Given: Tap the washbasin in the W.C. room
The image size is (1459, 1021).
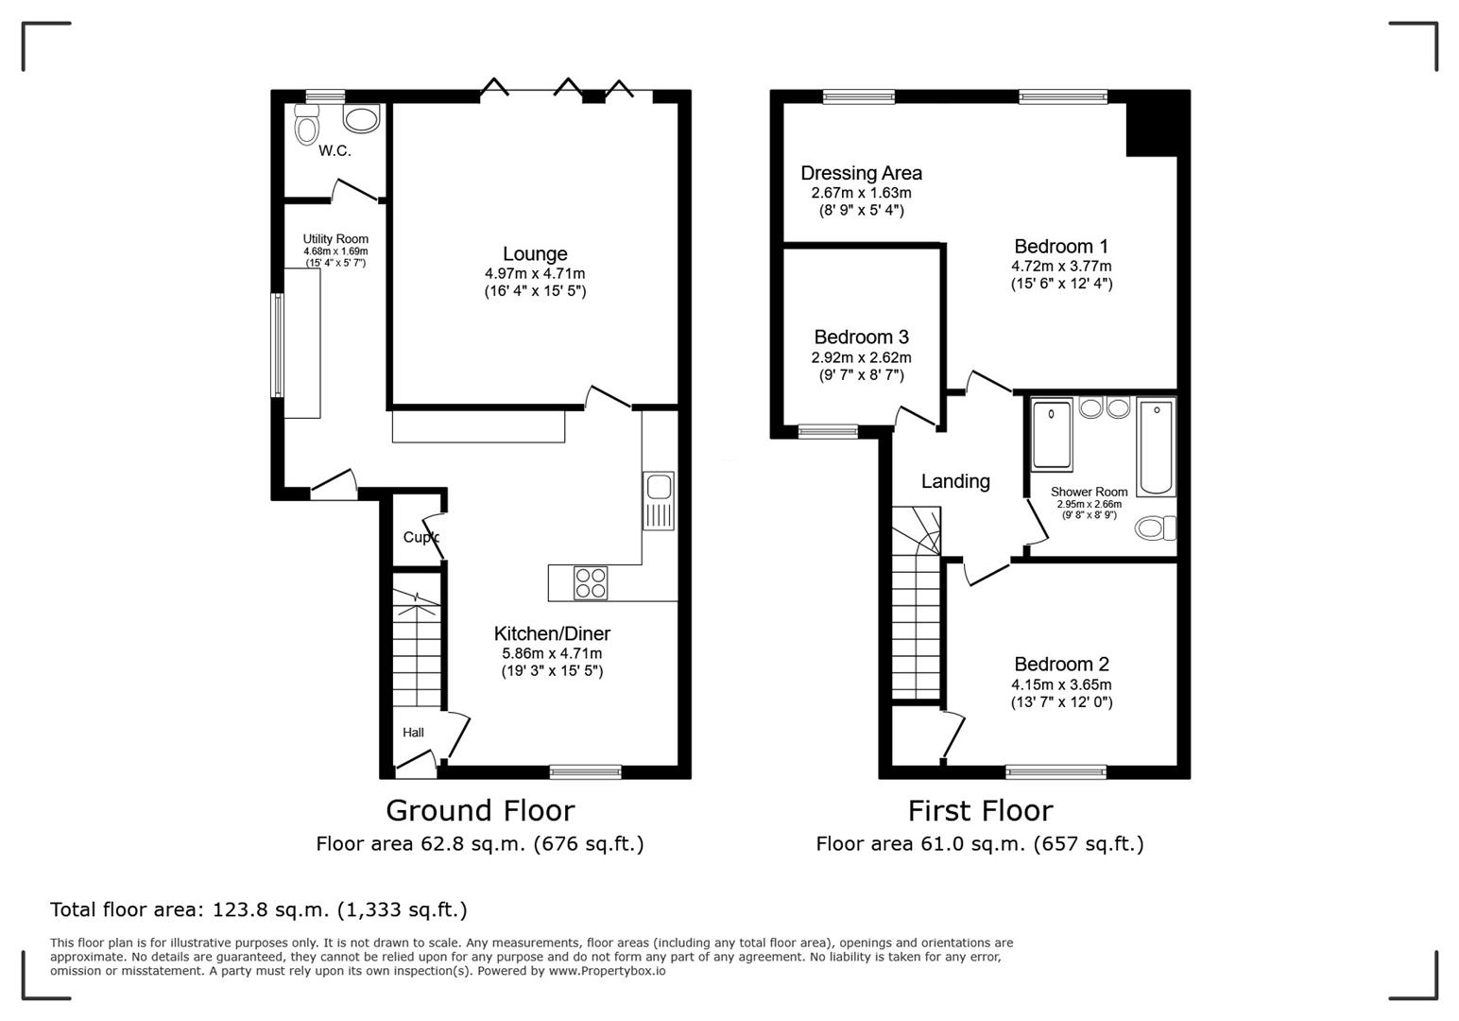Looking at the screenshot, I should coord(361,119).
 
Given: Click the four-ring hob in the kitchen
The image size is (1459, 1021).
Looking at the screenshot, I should coord(591,582).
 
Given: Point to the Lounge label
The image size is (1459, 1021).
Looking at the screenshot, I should coord(535,253).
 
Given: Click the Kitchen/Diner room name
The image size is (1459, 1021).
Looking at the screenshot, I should coord(552,633).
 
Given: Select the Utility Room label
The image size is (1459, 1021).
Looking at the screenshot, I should coord(335,239).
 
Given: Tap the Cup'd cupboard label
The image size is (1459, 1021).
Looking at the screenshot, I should coord(421,537).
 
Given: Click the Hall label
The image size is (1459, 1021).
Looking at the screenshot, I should coord(413,732).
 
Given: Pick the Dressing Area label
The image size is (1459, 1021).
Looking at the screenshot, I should coord(861,173).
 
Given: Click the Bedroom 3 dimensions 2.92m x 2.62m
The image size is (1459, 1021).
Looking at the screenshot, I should coord(861,357).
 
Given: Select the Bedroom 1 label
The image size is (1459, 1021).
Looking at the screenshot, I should coord(1061,246).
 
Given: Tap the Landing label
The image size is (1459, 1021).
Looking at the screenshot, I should coord(955,481).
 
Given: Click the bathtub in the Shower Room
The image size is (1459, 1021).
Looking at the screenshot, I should coord(1157,447).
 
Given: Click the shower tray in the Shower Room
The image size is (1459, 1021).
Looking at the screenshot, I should coord(1052,435).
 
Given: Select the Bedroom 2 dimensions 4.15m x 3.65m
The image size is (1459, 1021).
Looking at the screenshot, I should coord(1061,684).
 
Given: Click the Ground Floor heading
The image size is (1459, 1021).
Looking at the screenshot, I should coord(480,810).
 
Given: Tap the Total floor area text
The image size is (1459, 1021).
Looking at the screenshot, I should coord(258,909).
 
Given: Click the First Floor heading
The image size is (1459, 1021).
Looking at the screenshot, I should coord(980,810).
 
